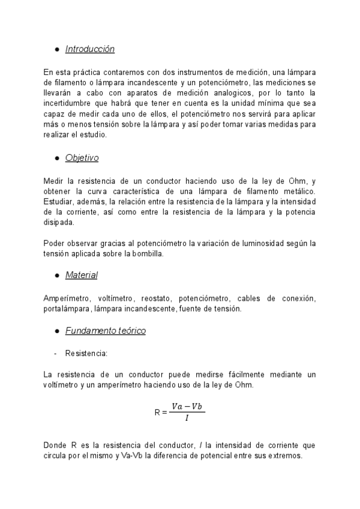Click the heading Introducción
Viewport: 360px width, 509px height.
89,49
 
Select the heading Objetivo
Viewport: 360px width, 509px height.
82,158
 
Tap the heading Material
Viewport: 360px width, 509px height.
82,275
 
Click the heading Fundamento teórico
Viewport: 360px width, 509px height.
105,331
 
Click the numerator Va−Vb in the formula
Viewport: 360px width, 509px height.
187,406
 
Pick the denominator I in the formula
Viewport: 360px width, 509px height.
187,418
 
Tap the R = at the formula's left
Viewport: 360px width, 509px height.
160,412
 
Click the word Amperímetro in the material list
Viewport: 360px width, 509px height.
66,298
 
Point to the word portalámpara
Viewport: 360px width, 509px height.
67,309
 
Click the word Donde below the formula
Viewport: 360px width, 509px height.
55,445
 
